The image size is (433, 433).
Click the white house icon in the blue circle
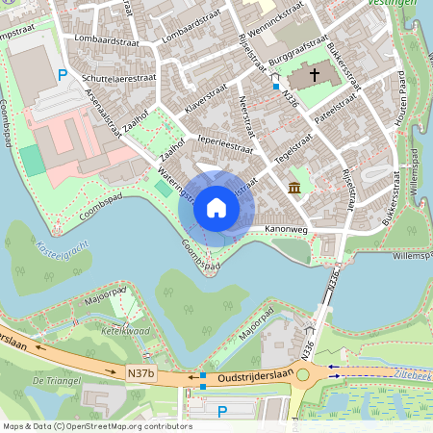tap(216, 208)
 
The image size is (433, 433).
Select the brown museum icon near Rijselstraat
tap(293, 185)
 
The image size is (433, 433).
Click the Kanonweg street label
tap(286, 229)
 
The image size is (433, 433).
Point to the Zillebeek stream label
tap(412, 370)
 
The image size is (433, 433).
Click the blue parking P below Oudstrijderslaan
tap(222, 412)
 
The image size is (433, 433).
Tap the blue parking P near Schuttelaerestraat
tap(64, 74)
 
